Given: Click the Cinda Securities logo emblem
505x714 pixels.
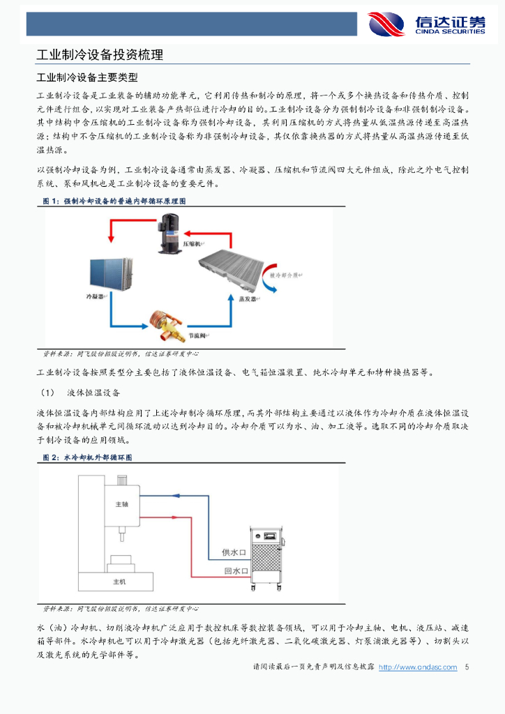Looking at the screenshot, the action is click(386, 24).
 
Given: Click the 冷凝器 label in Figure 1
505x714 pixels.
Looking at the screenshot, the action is click(94, 297).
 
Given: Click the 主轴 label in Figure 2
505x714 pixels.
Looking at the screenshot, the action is click(121, 503).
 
